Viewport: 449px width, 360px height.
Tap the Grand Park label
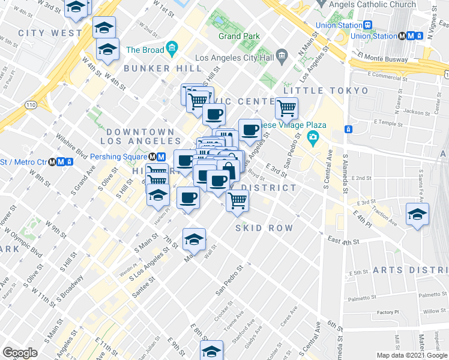[239, 36]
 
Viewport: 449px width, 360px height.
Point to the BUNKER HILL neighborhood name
[155, 69]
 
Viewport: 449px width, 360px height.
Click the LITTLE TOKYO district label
[325, 91]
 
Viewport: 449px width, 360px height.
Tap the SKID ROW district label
[264, 228]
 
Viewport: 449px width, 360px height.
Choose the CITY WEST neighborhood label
[50, 32]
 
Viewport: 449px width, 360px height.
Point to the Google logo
[20, 353]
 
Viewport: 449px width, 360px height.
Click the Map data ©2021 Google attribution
[412, 355]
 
